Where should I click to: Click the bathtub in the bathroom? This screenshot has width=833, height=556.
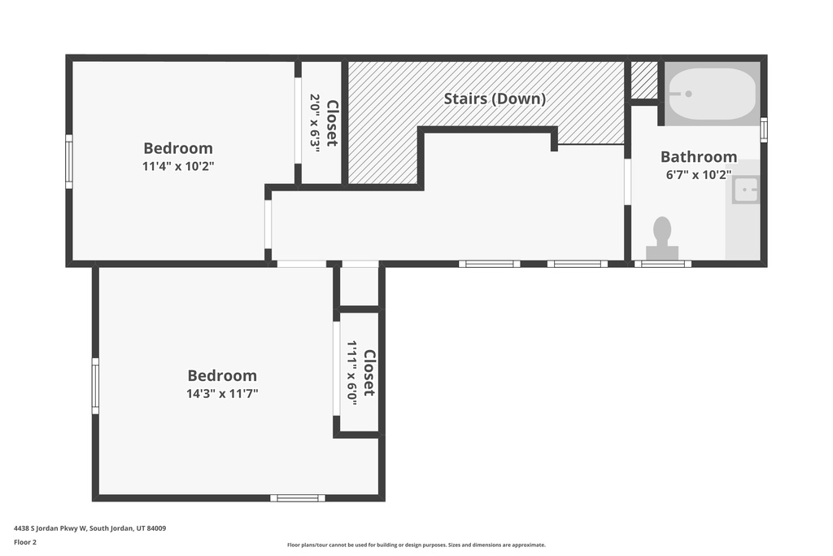[x=713, y=94]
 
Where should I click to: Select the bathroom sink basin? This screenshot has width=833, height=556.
[x=745, y=190]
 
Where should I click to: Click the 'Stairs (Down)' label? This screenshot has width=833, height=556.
[x=494, y=99]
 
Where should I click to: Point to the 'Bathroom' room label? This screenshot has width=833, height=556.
[x=698, y=156]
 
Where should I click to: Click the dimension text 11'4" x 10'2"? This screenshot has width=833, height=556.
[x=178, y=165]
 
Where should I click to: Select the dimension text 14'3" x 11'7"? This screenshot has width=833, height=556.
[x=222, y=393]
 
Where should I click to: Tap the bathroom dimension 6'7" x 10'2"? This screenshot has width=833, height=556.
[x=698, y=173]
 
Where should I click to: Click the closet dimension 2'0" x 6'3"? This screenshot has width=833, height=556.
[x=315, y=120]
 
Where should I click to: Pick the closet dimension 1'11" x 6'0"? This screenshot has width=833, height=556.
[x=352, y=372]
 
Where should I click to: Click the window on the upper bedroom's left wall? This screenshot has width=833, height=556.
[x=69, y=161]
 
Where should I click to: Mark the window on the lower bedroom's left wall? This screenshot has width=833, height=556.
[x=95, y=386]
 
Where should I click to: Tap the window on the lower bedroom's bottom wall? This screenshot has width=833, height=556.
[x=297, y=497]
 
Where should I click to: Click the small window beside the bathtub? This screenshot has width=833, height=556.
[x=763, y=129]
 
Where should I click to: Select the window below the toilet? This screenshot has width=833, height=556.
[x=662, y=264]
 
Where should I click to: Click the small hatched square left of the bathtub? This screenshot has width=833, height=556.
[x=644, y=80]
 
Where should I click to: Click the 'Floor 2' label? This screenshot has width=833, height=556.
[x=24, y=541]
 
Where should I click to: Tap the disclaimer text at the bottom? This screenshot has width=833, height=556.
[x=416, y=545]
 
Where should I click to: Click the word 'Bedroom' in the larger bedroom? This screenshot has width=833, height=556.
[x=222, y=375]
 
